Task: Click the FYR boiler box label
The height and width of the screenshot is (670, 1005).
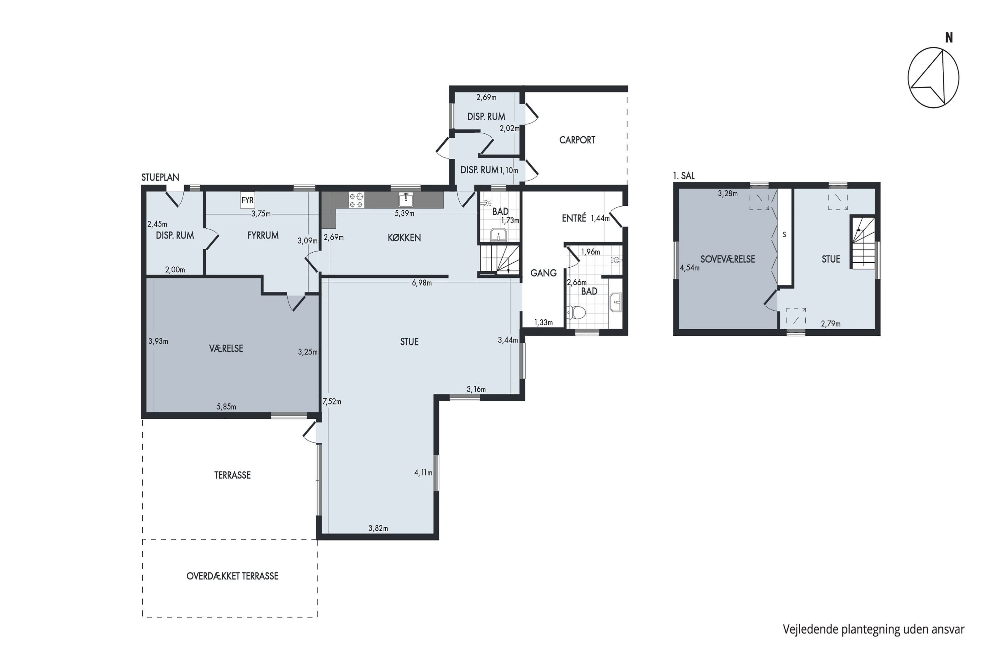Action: (x=248, y=200)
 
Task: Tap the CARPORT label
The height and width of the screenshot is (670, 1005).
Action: (x=577, y=140)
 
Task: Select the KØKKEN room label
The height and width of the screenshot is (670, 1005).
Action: (x=404, y=238)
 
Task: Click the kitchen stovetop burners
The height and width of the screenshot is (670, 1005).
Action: (x=356, y=200)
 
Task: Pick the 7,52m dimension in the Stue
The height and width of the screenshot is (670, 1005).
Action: (x=332, y=402)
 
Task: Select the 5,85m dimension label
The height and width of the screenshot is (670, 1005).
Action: (x=226, y=407)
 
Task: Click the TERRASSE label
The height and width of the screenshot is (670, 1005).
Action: (x=232, y=475)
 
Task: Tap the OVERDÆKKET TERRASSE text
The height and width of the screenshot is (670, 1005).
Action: (x=232, y=576)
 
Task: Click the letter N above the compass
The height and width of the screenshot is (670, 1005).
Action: (x=949, y=38)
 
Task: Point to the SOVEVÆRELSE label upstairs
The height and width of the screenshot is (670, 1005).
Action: (x=728, y=259)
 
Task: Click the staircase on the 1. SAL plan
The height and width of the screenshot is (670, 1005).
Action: (x=862, y=243)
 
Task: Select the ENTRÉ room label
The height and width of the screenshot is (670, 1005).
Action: (x=574, y=218)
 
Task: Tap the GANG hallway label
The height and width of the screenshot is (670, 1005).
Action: (x=543, y=273)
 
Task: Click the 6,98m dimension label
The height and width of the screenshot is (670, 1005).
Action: (x=422, y=283)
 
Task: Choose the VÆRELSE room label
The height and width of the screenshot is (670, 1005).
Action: (x=226, y=349)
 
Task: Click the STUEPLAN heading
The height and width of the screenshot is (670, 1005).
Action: (x=160, y=177)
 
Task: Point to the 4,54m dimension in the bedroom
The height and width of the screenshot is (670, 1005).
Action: (x=690, y=268)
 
